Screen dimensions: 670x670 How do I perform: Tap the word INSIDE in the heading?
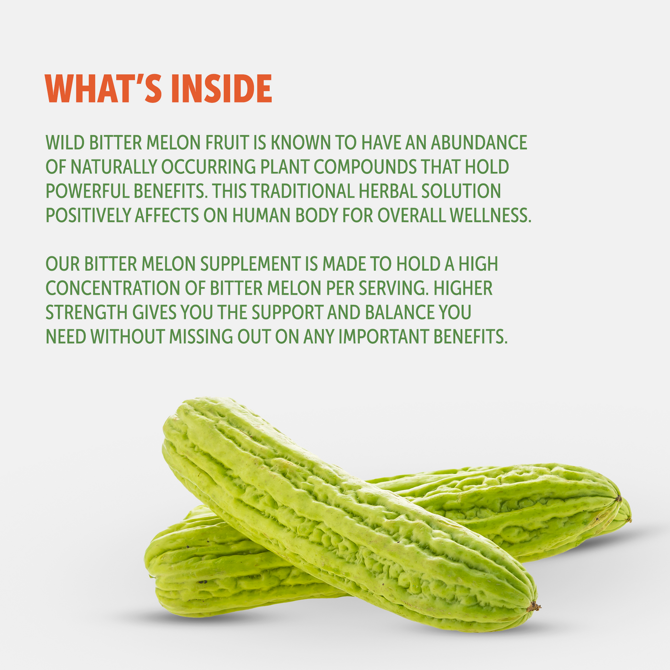[x=221, y=89]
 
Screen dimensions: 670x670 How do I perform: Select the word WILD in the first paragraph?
[x=65, y=143]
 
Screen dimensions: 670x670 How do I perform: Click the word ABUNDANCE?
[x=479, y=143]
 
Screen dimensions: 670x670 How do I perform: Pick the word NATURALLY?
[x=113, y=167]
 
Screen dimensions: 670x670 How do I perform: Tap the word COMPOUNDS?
[x=365, y=167]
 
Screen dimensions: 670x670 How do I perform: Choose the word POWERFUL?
[x=87, y=191]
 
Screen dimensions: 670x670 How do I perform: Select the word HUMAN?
[x=261, y=215]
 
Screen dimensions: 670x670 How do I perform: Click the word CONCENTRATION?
[x=113, y=289]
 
